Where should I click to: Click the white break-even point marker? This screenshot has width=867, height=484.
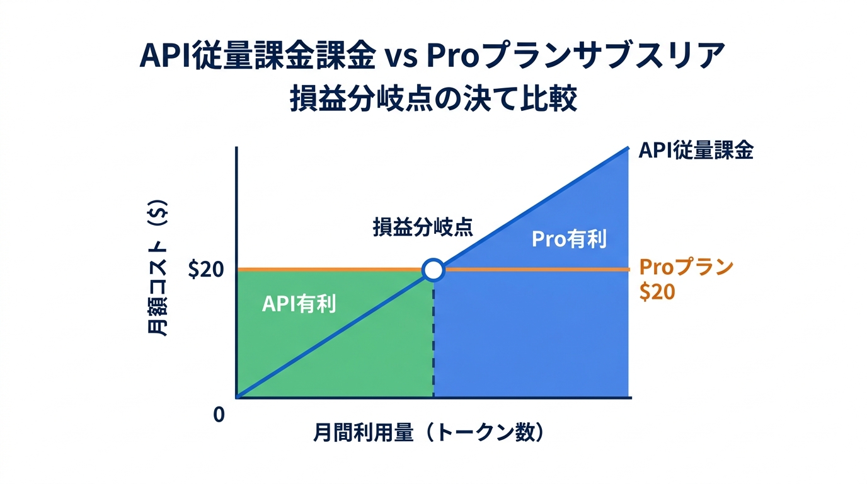(x=433, y=270)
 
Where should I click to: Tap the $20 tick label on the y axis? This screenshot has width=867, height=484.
(x=206, y=270)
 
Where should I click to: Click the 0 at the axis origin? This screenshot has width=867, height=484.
(x=219, y=415)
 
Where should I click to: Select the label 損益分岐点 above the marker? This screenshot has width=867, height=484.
(x=423, y=227)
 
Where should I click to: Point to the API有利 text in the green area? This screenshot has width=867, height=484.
(x=299, y=304)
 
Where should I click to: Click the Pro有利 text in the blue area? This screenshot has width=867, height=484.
(x=569, y=239)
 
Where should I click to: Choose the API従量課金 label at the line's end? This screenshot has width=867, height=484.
(x=696, y=151)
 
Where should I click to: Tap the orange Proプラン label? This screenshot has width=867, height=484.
(x=686, y=267)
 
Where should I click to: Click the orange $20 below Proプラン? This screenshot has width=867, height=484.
(x=657, y=292)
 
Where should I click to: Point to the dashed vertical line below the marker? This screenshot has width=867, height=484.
(x=433, y=340)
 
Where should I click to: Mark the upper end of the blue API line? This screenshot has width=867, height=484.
(x=628, y=148)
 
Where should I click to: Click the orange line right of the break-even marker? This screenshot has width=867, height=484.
(x=536, y=270)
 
